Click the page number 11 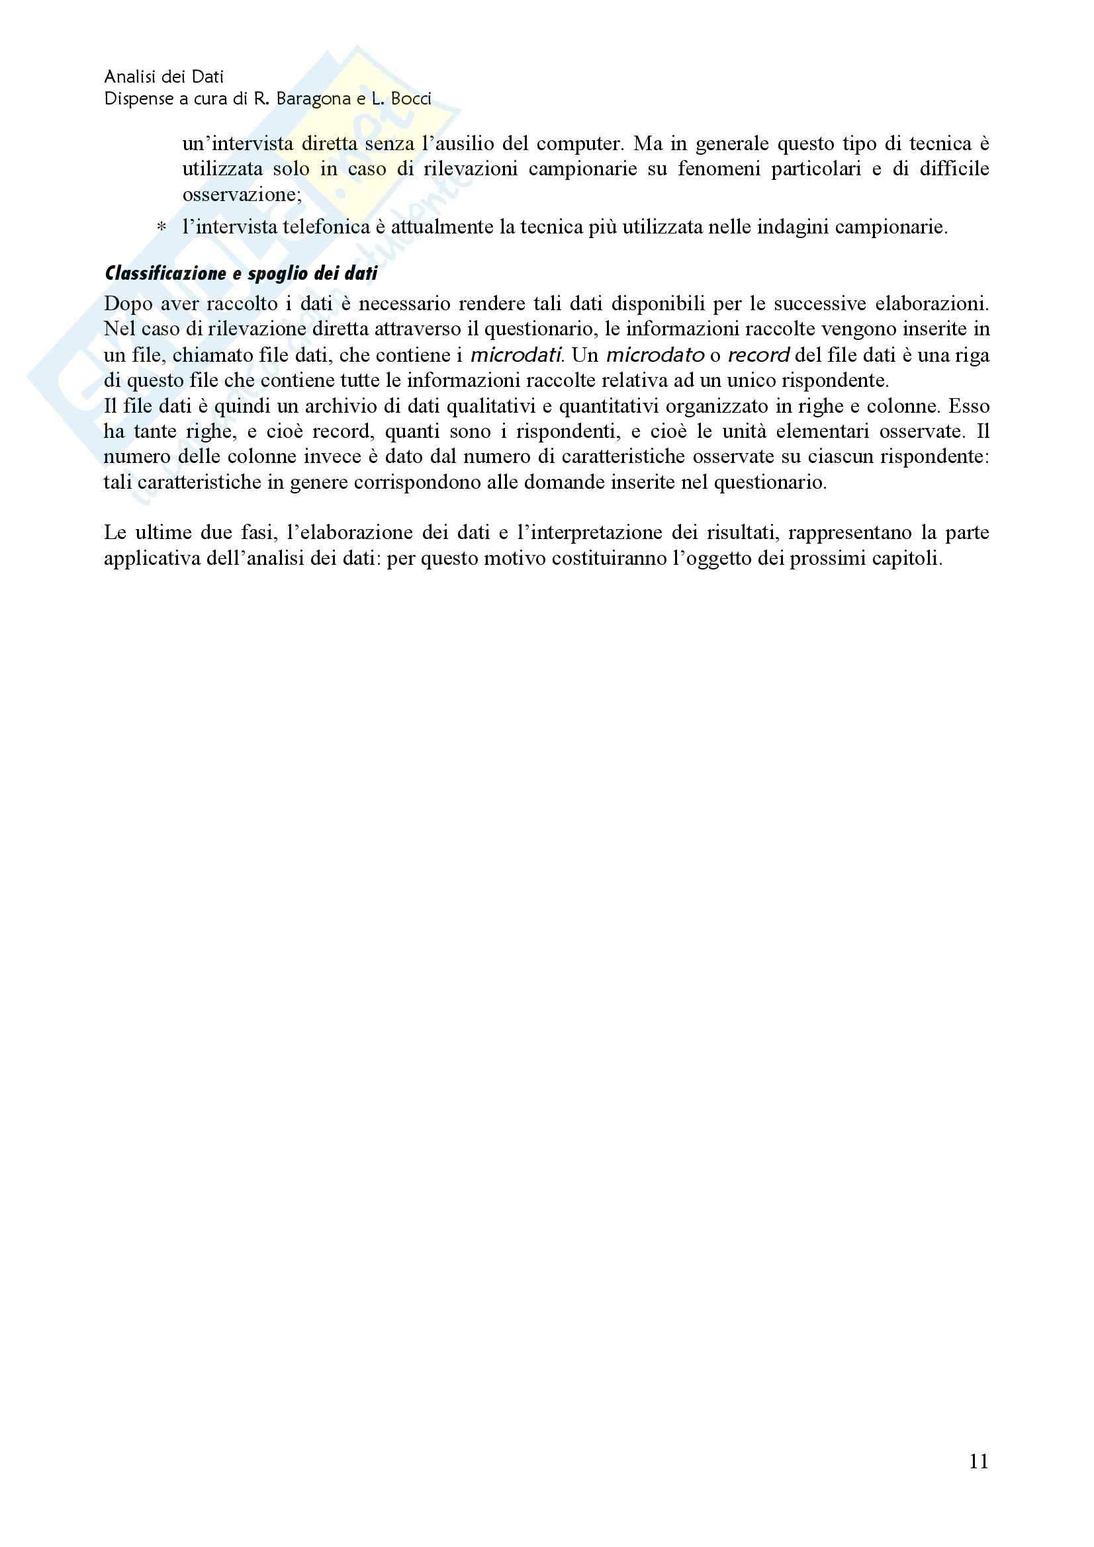click(x=979, y=1461)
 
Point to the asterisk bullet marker click(x=161, y=228)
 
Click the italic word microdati click(x=516, y=355)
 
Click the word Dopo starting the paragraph click(x=128, y=304)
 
